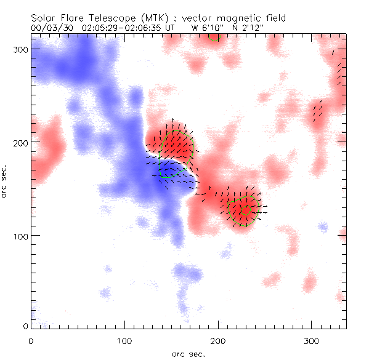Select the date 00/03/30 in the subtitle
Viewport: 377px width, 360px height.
pyautogui.click(x=51, y=28)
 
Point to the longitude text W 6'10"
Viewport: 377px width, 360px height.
pyautogui.click(x=207, y=28)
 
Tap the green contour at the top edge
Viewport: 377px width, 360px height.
pyautogui.click(x=214, y=38)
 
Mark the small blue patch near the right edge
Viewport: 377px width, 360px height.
pyautogui.click(x=323, y=226)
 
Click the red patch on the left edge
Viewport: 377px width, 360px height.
pyautogui.click(x=49, y=148)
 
